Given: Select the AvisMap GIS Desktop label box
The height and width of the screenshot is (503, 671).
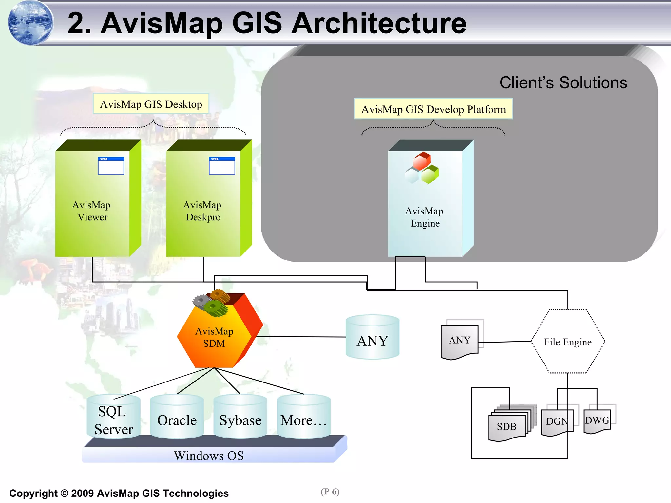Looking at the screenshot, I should click(x=151, y=104).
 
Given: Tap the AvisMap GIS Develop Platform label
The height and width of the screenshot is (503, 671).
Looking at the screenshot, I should click(x=433, y=109).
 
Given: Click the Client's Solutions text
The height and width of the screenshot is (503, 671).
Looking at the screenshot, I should click(x=563, y=83).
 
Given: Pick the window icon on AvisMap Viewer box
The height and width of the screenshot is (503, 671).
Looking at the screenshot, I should click(x=111, y=166).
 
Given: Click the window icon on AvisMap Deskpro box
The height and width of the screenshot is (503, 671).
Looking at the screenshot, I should click(x=222, y=166).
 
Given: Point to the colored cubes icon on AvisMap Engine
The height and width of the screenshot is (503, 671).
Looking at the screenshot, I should click(x=422, y=168).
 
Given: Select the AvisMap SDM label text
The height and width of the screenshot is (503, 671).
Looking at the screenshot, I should click(x=214, y=337).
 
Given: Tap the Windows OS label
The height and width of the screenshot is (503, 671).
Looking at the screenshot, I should click(x=209, y=456).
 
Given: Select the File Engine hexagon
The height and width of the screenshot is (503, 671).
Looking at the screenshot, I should click(x=568, y=342).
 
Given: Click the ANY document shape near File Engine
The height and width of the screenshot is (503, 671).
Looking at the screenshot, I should click(x=459, y=342).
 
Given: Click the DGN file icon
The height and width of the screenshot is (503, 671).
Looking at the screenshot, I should click(x=557, y=422).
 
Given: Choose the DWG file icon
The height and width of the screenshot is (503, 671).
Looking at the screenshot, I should click(x=597, y=420).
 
